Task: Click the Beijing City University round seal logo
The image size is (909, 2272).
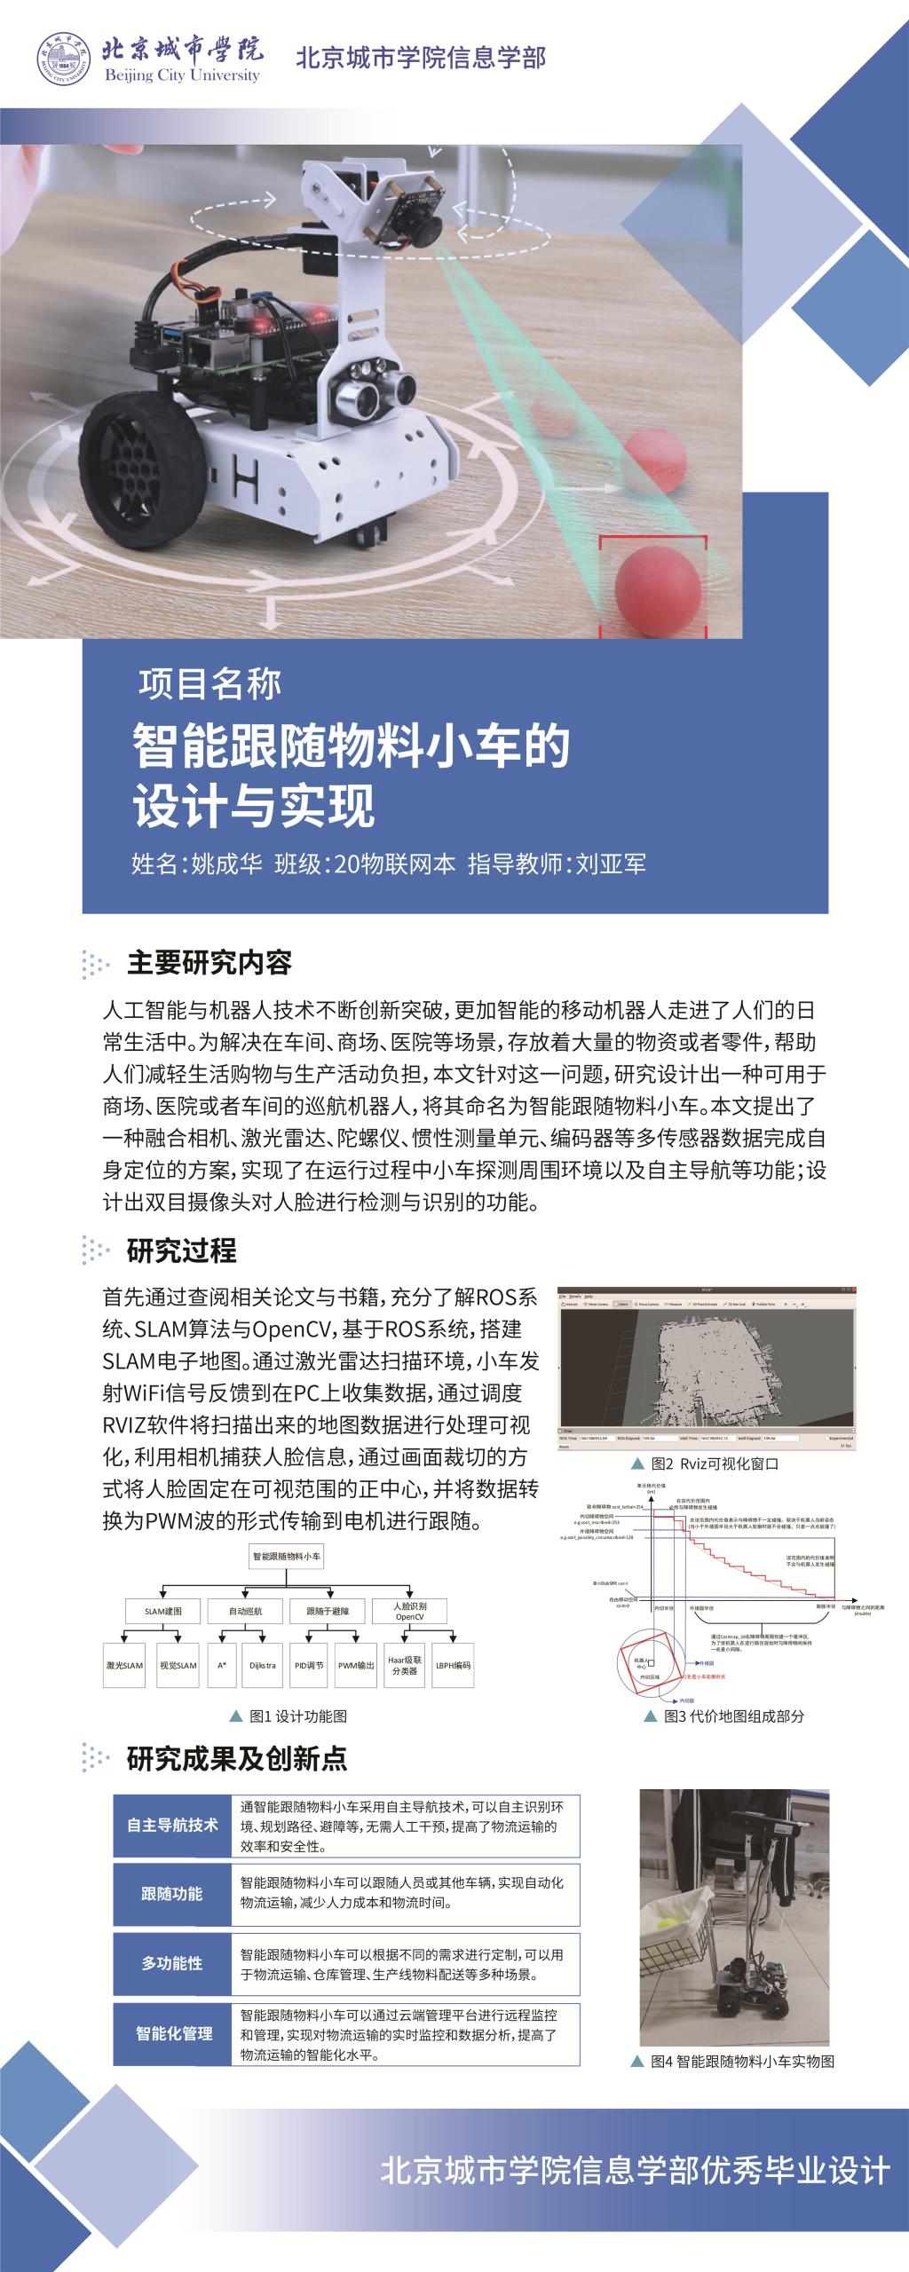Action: (64, 59)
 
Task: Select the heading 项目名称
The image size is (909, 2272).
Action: (210, 682)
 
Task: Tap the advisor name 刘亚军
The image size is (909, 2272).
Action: (611, 864)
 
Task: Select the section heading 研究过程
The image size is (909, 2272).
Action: (182, 1251)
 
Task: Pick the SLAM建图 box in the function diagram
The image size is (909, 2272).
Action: (164, 1611)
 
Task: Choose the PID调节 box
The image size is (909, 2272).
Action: (309, 1666)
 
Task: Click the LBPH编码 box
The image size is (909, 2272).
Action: (453, 1666)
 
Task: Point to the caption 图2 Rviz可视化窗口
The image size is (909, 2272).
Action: (714, 1463)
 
